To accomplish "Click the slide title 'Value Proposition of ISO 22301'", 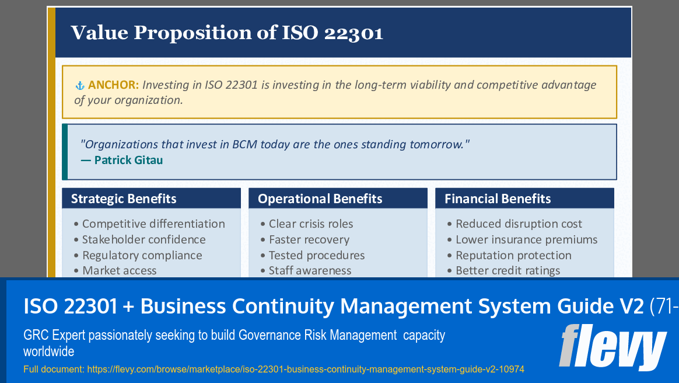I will click(227, 32).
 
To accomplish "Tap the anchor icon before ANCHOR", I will click(80, 85).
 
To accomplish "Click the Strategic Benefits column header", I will click(124, 199).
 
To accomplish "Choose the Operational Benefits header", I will click(320, 199).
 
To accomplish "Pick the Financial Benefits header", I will click(498, 199).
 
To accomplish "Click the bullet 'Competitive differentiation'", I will click(153, 224).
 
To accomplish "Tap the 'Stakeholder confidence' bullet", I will click(143, 239).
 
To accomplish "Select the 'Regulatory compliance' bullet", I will click(142, 255).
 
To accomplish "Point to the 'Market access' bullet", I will click(119, 270).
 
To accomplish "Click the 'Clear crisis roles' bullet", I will click(310, 224).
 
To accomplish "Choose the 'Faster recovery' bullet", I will click(309, 239).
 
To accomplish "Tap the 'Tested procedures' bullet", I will click(316, 255).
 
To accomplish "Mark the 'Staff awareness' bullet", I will click(310, 270).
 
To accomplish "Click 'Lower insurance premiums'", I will click(526, 239).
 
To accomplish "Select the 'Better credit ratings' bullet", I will click(508, 270).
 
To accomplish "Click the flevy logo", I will click(612, 347).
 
